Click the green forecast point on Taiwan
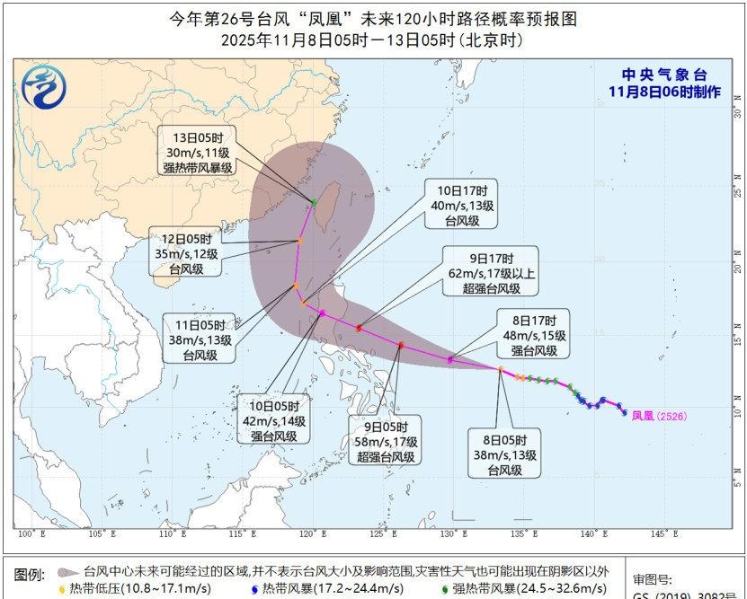313,201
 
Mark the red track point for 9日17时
359,328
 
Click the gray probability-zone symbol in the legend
65,571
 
